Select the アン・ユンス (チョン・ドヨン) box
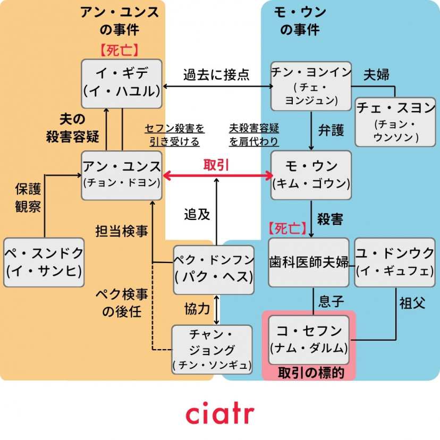(122, 175)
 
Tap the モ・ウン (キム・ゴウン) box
(311, 175)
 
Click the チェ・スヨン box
(395, 122)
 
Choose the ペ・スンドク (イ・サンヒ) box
(44, 263)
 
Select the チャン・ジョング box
(212, 350)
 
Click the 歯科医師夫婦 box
(309, 262)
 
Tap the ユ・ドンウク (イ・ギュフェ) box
(394, 262)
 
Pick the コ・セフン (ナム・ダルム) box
(309, 340)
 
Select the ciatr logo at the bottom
(219, 413)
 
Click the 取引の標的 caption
(309, 373)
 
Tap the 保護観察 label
(28, 198)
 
